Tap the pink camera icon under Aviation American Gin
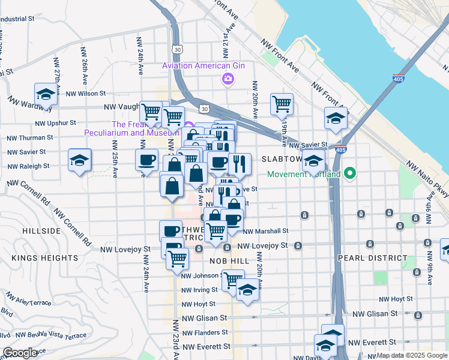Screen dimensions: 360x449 pos(228,78)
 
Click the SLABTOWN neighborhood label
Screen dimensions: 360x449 pos(282,159)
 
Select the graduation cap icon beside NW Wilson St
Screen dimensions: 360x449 pos(46,94)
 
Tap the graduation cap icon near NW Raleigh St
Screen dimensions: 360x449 pos(80,160)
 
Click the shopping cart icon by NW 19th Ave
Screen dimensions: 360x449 pos(282,104)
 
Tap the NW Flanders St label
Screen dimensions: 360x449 pos(206,332)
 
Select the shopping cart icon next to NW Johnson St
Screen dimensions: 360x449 pos(233,280)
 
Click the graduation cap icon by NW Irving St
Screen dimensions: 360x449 pos(247,290)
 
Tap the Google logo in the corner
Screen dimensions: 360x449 pos(20,353)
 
